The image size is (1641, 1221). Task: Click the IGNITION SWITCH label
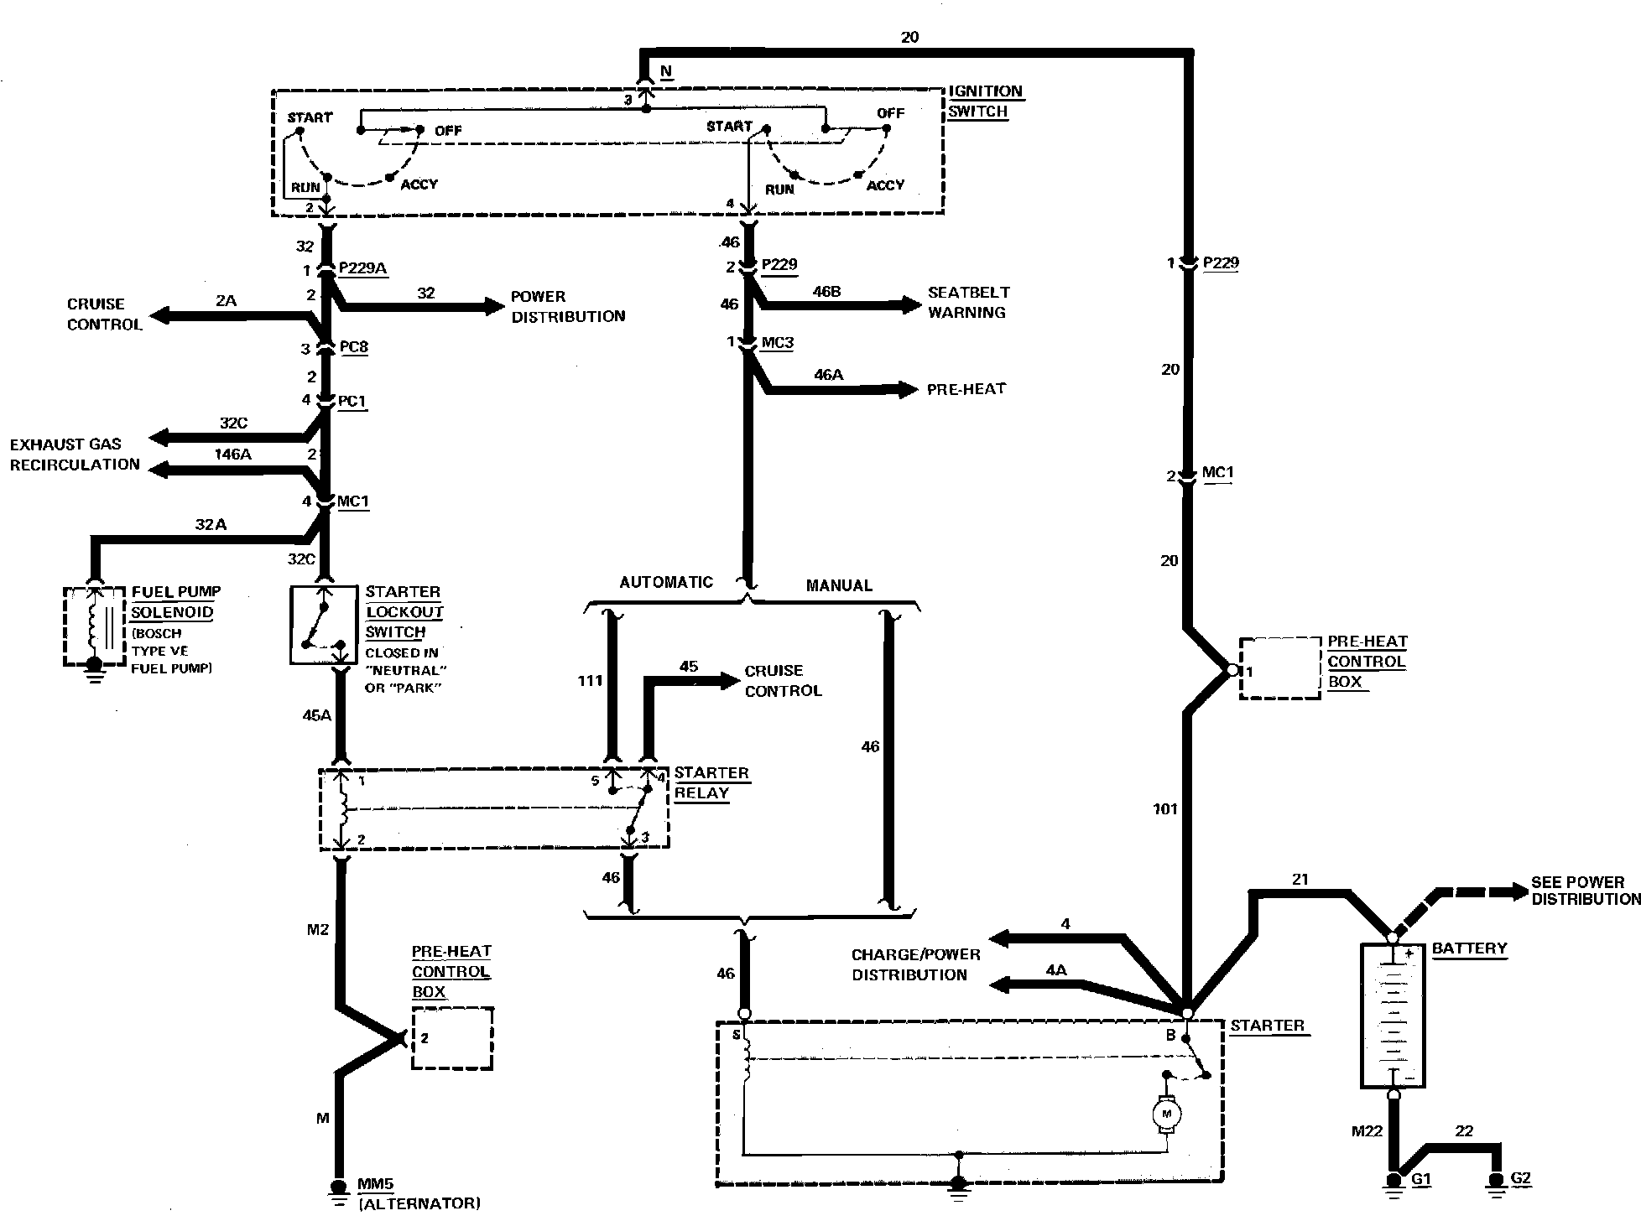point(986,101)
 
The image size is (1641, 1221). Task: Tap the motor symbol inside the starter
point(1165,1113)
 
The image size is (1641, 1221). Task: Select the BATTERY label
point(1469,948)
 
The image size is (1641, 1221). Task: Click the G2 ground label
point(1520,1178)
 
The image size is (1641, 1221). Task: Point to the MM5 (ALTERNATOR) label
point(419,1193)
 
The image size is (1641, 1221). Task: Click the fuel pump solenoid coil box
point(95,626)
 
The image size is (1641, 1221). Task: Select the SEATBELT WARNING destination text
point(968,303)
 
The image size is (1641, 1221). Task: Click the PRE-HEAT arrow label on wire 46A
point(966,389)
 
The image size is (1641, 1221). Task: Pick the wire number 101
point(1165,809)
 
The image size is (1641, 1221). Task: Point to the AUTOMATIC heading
point(666,582)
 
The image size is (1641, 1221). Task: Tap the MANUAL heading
point(839,585)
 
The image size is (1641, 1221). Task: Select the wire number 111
point(591,680)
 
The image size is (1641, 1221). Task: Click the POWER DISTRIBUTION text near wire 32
point(568,306)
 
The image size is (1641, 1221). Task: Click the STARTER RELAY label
point(711,782)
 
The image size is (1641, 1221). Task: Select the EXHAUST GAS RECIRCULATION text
point(75,454)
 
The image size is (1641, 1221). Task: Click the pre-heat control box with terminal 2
point(451,1038)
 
